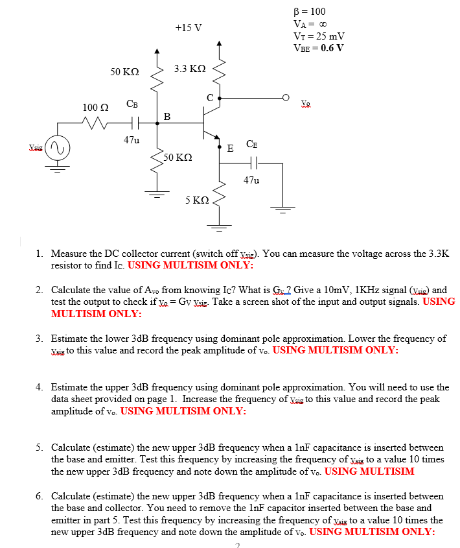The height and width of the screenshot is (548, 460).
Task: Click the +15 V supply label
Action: (x=189, y=27)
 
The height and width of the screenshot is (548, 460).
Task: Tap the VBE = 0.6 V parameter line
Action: (x=318, y=47)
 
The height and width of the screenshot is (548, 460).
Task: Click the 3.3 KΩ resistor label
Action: (x=190, y=69)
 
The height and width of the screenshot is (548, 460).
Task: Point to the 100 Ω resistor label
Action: (x=95, y=106)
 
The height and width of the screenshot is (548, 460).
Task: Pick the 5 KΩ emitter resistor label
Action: (x=196, y=200)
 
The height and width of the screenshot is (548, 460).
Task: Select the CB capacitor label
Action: (x=132, y=104)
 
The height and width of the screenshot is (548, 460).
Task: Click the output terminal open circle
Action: (x=285, y=98)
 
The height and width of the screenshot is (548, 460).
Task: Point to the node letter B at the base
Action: (x=167, y=117)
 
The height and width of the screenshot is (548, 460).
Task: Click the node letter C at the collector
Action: (x=210, y=98)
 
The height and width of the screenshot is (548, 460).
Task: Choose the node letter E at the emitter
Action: (x=230, y=148)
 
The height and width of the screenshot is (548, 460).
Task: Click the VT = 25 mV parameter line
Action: (x=319, y=36)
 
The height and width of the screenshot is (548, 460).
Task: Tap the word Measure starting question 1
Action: (x=70, y=254)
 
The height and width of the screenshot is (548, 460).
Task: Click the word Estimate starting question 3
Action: (x=71, y=339)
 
